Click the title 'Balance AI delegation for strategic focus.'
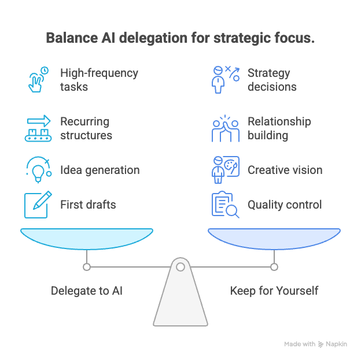pyautogui.click(x=180, y=38)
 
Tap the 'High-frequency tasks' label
pyautogui.click(x=99, y=80)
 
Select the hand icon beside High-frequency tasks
pyautogui.click(x=38, y=80)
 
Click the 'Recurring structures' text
pyautogui.click(x=86, y=129)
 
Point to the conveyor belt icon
pyautogui.click(x=38, y=129)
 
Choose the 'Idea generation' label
pyautogui.click(x=100, y=170)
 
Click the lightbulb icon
pyautogui.click(x=38, y=170)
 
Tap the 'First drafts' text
pyautogui.click(x=88, y=204)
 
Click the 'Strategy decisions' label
pyautogui.click(x=272, y=80)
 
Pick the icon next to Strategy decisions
pyautogui.click(x=224, y=80)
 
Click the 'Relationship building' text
pyautogui.click(x=279, y=129)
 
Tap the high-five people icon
pyautogui.click(x=224, y=129)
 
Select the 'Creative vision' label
pyautogui.click(x=285, y=170)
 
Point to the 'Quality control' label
pyautogui.click(x=285, y=204)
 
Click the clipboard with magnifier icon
pyautogui.click(x=224, y=204)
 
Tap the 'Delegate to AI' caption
pyautogui.click(x=87, y=290)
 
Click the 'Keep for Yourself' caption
pyautogui.click(x=274, y=290)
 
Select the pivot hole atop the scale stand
pyautogui.click(x=181, y=266)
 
